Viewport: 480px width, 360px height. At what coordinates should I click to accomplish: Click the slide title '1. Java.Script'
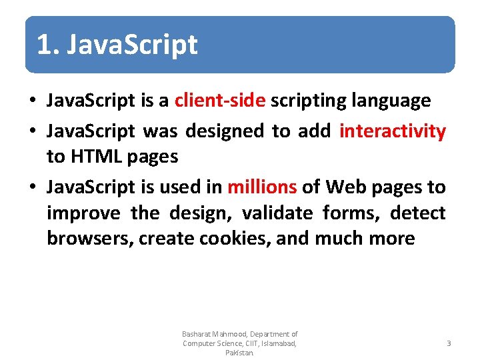click(117, 45)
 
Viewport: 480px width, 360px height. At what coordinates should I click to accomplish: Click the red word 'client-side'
click(220, 101)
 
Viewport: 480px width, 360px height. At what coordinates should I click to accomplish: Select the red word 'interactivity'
click(392, 131)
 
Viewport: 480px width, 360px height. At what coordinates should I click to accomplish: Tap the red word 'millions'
click(262, 187)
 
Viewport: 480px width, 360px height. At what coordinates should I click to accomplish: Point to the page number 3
click(449, 343)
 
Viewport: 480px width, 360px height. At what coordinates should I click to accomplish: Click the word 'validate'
click(277, 213)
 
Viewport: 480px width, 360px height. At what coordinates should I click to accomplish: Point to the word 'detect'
click(417, 213)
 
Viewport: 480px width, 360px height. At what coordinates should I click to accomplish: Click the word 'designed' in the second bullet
click(225, 131)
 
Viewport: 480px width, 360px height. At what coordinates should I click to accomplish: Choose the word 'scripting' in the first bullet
click(310, 101)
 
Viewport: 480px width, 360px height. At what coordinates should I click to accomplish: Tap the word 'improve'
click(83, 213)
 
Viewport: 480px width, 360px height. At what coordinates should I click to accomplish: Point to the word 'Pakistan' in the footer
click(239, 353)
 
